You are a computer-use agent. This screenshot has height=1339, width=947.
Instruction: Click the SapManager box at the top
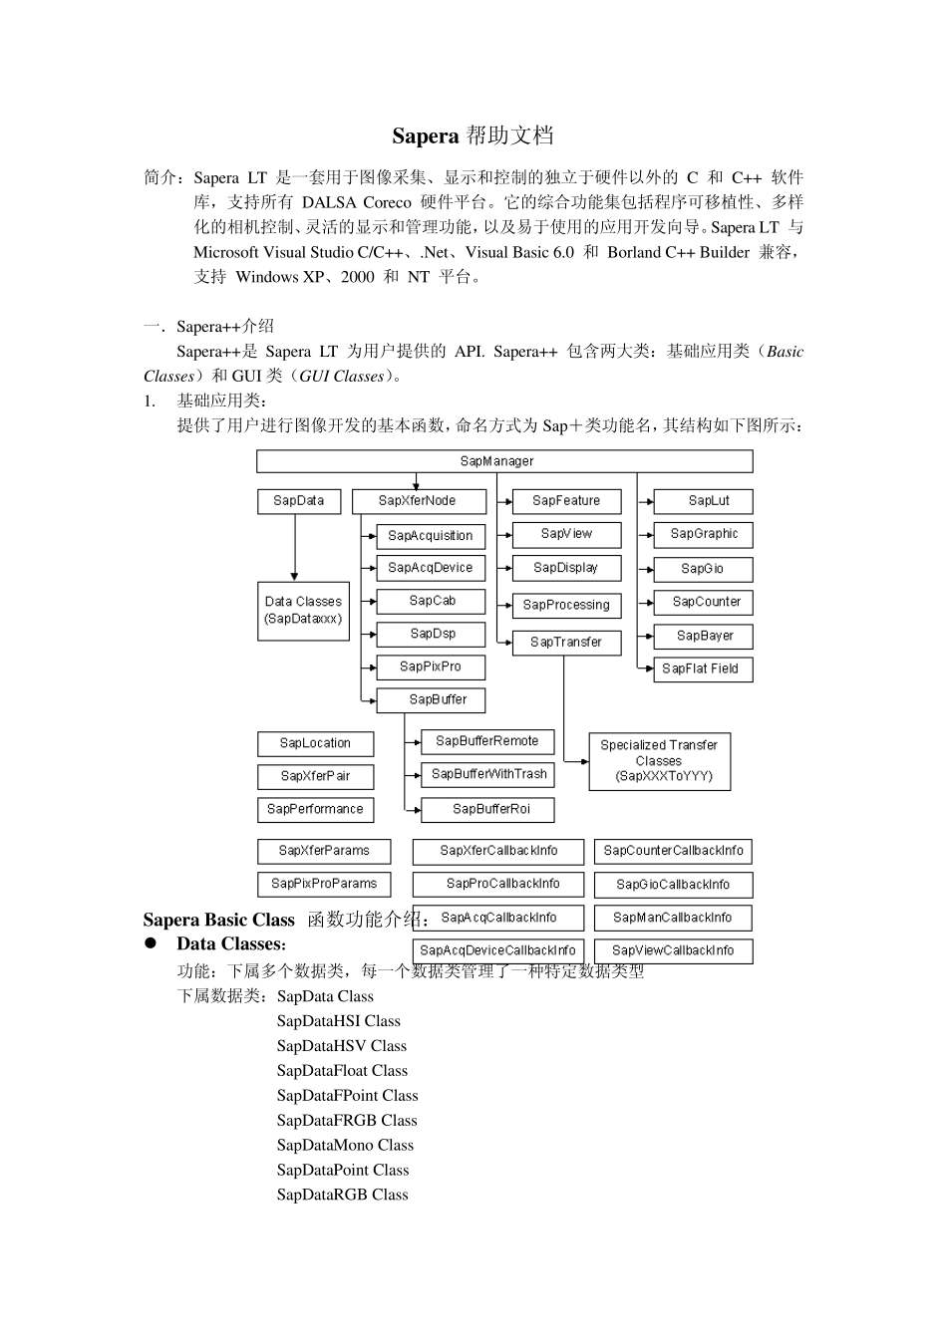click(x=503, y=461)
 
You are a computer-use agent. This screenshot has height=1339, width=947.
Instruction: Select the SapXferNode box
click(x=419, y=501)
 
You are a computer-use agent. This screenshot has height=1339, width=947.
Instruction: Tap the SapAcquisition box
click(x=431, y=536)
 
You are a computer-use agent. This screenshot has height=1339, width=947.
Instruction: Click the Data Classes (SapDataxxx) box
click(x=303, y=610)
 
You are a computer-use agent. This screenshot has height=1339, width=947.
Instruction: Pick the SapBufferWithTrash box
click(x=488, y=774)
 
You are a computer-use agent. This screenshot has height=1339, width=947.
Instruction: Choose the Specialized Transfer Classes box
click(x=659, y=761)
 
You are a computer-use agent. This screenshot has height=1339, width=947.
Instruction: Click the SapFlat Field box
click(x=701, y=669)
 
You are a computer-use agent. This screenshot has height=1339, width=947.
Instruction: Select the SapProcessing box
click(x=566, y=605)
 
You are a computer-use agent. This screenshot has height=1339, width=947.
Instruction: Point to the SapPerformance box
click(x=315, y=809)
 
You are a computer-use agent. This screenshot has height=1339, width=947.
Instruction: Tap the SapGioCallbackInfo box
click(x=673, y=885)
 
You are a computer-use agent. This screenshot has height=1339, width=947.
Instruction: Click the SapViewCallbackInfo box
click(x=673, y=950)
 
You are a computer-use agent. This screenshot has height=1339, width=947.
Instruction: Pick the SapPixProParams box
click(x=324, y=884)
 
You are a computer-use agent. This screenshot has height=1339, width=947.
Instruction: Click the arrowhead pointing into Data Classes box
click(x=295, y=576)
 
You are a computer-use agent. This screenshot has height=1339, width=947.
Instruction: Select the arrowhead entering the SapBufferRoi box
click(x=417, y=809)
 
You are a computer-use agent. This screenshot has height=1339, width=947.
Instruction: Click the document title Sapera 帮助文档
click(x=473, y=135)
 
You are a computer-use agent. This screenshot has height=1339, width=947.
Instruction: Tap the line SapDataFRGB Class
click(x=347, y=1121)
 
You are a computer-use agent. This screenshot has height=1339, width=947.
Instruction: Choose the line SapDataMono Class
click(x=345, y=1146)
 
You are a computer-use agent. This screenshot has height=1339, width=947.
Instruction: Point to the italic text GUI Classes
click(x=342, y=377)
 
